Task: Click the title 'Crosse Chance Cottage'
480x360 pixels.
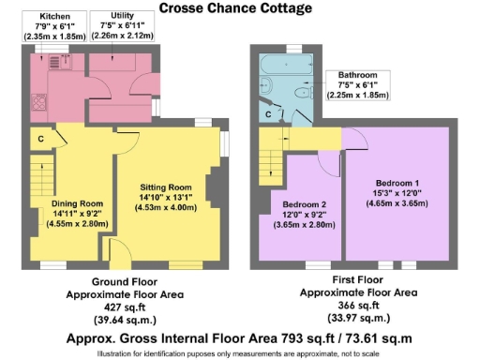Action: [x=235, y=8]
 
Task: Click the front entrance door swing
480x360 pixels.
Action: [x=119, y=251]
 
